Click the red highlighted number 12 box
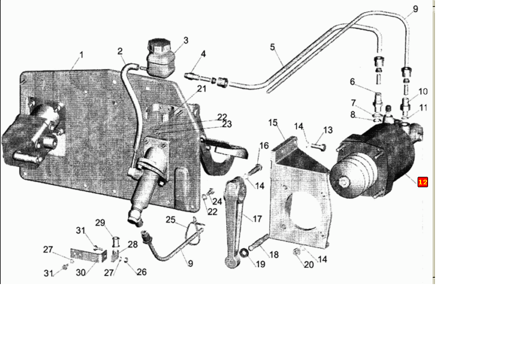[422, 182]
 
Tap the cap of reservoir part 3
[159, 46]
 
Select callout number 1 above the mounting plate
[81, 54]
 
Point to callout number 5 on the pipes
[273, 47]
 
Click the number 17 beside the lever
[258, 219]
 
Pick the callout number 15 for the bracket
[273, 123]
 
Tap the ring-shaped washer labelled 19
[244, 253]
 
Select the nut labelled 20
[296, 252]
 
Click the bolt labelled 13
[318, 147]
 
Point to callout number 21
[202, 89]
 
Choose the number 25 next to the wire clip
[171, 220]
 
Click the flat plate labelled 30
[88, 254]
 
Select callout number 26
[142, 272]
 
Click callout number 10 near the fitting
[423, 92]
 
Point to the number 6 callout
[353, 82]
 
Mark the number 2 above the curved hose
[120, 51]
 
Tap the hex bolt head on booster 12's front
[343, 182]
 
